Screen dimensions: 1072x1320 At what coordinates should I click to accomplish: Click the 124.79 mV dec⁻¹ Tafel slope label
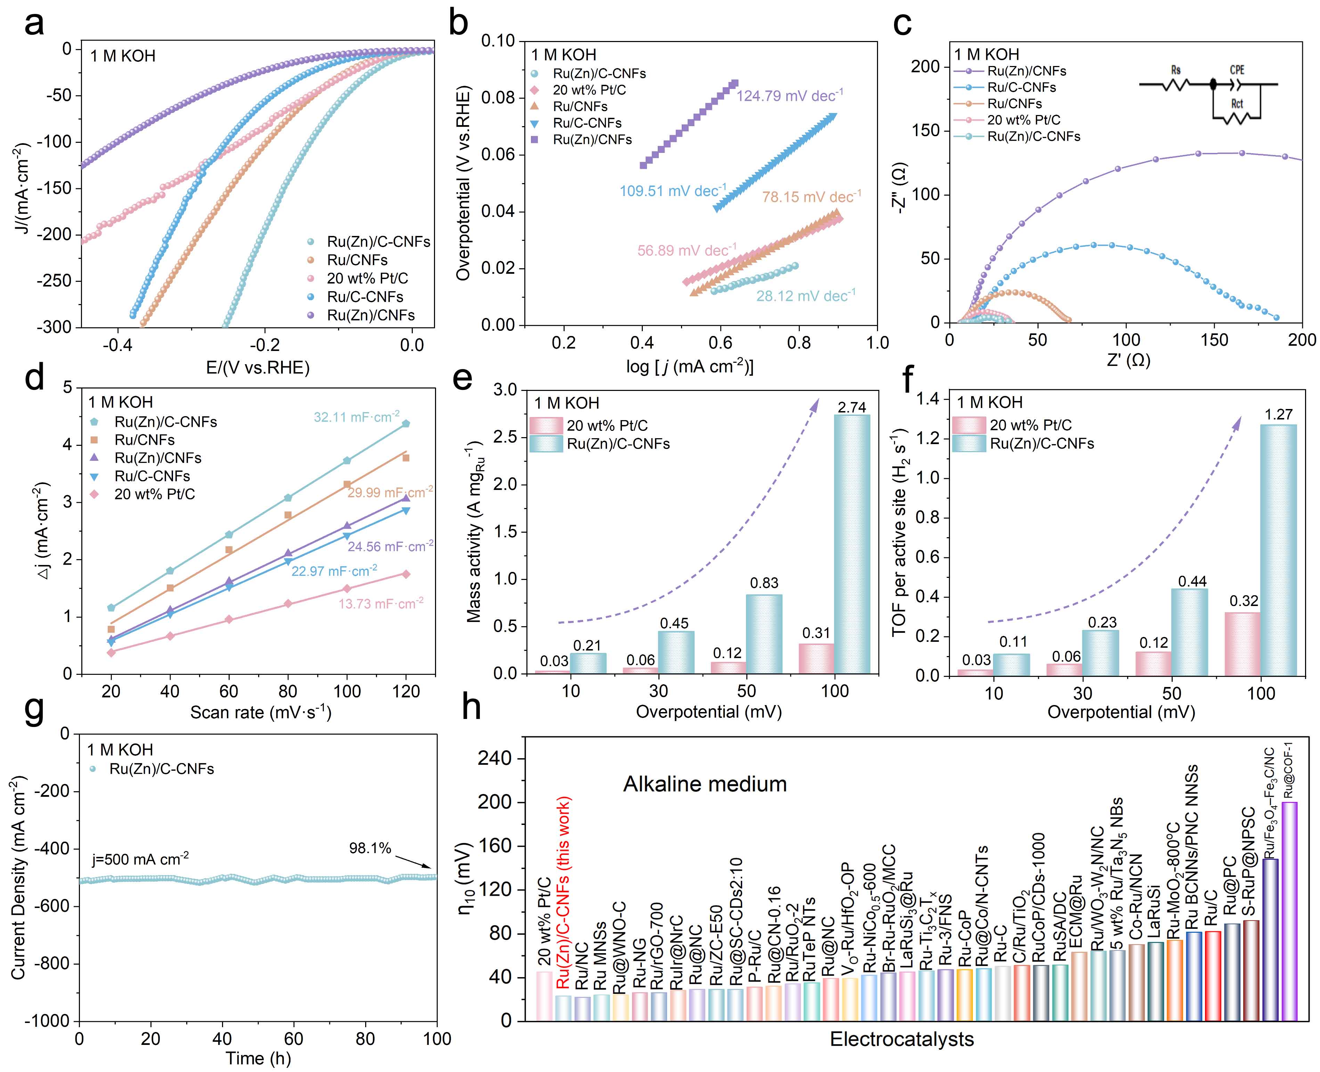tap(789, 96)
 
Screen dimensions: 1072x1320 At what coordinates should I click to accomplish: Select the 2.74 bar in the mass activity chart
tap(852, 543)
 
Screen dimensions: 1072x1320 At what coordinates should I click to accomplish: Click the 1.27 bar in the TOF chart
tap(1278, 550)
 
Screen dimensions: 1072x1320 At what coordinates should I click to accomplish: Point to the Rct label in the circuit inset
tap(1237, 104)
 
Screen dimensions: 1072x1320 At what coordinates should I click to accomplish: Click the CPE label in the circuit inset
tap(1237, 70)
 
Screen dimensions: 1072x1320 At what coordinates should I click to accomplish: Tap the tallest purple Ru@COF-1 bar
tap(1289, 911)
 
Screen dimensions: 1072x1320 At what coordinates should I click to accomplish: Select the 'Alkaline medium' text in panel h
tap(704, 784)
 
